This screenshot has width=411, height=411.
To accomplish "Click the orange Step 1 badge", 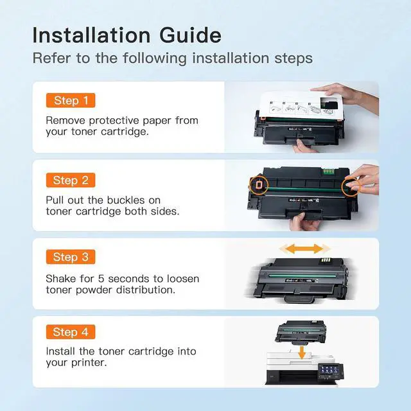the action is tap(71, 100).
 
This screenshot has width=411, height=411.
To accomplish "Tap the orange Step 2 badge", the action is tap(71, 180).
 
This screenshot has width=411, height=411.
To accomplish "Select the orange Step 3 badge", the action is tap(71, 257).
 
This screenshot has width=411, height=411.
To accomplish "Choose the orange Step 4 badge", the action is tap(71, 332).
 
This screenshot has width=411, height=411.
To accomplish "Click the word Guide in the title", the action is tap(190, 35).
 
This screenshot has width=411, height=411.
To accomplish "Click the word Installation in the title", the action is tap(91, 35).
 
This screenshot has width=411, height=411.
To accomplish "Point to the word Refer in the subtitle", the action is tap(51, 58).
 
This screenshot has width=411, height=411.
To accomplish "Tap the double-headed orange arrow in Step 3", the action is tap(304, 249).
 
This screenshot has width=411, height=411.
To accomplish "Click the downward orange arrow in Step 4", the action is tap(302, 353).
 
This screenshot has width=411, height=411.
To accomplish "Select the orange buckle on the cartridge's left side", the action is tap(258, 184).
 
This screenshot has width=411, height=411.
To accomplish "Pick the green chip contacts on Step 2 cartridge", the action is tap(328, 171).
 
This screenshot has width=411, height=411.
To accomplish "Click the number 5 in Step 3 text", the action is tap(101, 279).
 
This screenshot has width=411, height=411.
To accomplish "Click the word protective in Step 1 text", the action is tap(114, 121).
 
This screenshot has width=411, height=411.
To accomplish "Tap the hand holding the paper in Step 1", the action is tap(349, 95).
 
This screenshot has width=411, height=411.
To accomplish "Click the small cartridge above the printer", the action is tap(301, 332).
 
